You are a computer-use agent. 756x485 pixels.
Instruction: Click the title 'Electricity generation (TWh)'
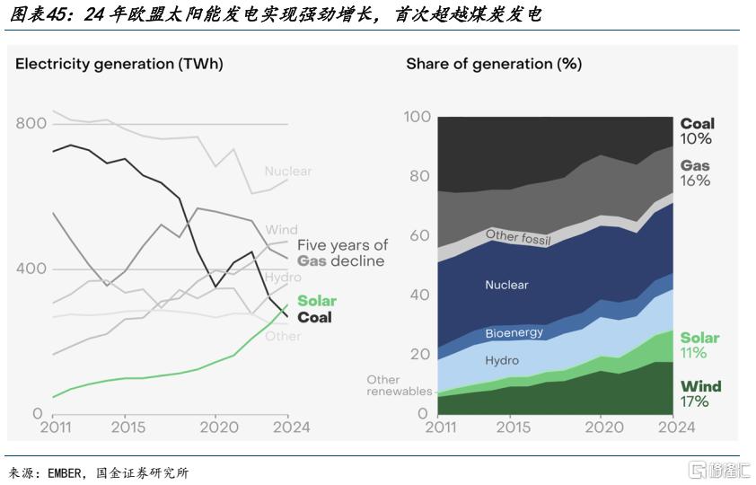tap(119, 64)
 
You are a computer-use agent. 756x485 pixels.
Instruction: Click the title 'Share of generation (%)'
tap(493, 64)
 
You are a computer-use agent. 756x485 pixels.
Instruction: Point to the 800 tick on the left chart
tap(30, 124)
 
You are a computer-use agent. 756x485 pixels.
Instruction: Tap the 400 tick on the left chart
tap(30, 269)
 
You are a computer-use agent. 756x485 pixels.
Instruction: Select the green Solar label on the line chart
tap(316, 301)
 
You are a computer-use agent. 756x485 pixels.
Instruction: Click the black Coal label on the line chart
tap(314, 317)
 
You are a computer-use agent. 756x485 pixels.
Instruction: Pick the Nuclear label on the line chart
tap(287, 171)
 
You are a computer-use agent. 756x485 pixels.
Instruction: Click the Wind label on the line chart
tap(281, 231)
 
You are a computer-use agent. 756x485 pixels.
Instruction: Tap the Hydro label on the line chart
tap(283, 277)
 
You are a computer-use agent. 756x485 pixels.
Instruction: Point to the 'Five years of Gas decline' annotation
tap(342, 253)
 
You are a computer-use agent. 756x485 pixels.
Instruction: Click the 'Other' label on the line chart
tap(283, 336)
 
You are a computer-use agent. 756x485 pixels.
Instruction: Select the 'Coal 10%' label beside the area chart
tap(697, 131)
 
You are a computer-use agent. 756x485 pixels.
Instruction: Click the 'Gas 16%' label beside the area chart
tap(695, 173)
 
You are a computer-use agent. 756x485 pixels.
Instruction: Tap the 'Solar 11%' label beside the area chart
tap(699, 345)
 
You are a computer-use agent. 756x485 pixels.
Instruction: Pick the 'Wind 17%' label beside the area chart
tap(700, 393)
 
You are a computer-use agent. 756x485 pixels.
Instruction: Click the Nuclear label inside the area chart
tap(506, 285)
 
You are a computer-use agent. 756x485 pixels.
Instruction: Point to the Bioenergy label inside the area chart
tap(514, 333)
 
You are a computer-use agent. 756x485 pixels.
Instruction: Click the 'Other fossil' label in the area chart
tap(518, 237)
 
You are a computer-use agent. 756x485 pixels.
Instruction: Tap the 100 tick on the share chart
tap(418, 117)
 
